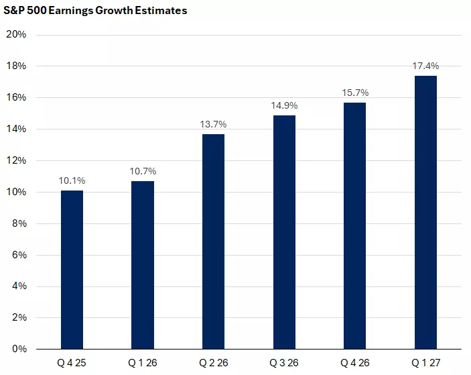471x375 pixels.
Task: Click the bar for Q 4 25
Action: tap(72, 270)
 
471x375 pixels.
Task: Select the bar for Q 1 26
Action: tap(143, 265)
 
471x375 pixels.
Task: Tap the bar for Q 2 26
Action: tap(213, 242)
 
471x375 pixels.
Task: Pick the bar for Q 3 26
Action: tap(284, 232)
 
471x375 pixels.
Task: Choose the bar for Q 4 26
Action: tap(355, 225)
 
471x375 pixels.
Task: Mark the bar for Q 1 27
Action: tap(425, 213)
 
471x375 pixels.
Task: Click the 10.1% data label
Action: tap(72, 180)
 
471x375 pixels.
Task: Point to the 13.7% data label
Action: tap(213, 124)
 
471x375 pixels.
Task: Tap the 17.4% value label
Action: tap(425, 66)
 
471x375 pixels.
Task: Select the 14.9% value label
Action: tap(284, 105)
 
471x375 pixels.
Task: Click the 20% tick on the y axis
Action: tap(16, 35)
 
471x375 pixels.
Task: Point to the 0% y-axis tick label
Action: tap(19, 349)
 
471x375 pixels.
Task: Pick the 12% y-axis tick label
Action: tap(16, 160)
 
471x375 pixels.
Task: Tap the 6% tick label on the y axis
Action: tap(19, 255)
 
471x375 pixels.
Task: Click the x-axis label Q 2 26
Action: tap(213, 365)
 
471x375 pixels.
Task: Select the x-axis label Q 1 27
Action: tap(425, 365)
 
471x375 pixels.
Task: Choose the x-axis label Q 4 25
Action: tap(72, 365)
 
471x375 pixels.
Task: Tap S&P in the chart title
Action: tap(15, 11)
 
